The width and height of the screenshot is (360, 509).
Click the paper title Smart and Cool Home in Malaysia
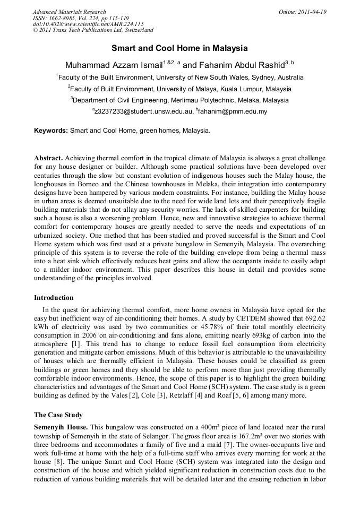[x=179, y=48]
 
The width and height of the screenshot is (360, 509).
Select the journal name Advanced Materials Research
[x=69, y=12]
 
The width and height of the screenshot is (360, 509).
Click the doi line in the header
[x=80, y=24]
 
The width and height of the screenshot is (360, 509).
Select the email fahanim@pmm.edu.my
[x=234, y=111]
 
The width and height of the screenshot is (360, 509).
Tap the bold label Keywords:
[x=51, y=130]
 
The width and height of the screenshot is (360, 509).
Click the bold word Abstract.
[x=49, y=159]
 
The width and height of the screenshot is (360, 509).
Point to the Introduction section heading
[x=54, y=298]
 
